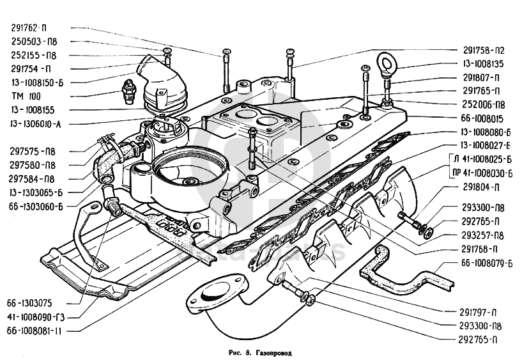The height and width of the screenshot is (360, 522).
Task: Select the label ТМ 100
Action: (26, 96)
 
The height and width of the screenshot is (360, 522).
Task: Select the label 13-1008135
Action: (484, 63)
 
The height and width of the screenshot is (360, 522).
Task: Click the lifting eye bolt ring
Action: (387, 63)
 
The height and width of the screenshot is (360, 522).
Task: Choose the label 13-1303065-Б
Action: (36, 192)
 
